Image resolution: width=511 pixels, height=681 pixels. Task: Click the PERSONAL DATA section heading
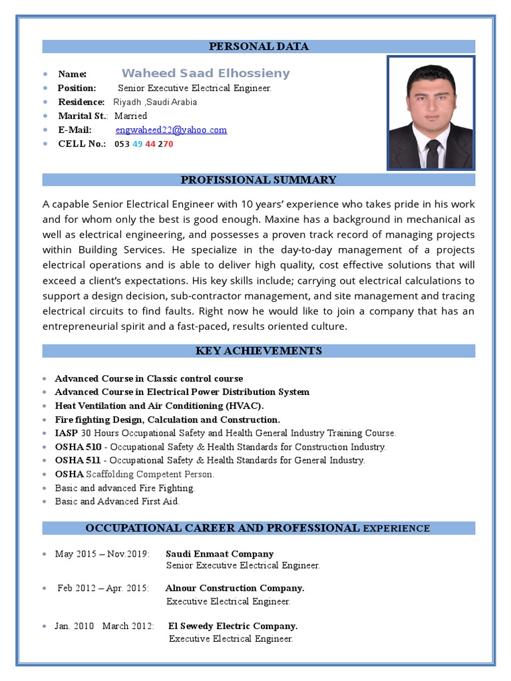click(x=259, y=47)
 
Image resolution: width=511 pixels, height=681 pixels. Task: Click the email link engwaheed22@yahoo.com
click(x=171, y=130)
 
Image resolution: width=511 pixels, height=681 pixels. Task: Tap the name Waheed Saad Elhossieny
click(x=206, y=73)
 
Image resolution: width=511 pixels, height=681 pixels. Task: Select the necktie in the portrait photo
click(x=432, y=154)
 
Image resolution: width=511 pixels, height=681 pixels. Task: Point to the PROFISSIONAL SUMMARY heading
click(x=259, y=180)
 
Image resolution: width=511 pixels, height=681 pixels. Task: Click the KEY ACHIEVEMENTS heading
click(x=259, y=351)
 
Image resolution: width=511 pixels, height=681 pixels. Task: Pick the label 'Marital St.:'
click(x=83, y=116)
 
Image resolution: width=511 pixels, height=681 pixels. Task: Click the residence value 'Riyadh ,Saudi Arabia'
click(x=155, y=102)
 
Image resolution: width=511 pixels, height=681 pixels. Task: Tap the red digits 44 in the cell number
click(x=151, y=144)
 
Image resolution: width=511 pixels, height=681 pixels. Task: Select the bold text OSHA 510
click(x=78, y=447)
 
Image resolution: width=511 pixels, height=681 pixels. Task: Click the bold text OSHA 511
click(x=78, y=460)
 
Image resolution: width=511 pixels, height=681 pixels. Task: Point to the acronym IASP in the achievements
click(x=67, y=433)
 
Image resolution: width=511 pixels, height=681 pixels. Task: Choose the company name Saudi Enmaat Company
click(x=220, y=554)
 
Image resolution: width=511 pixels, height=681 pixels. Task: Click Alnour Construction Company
click(x=235, y=589)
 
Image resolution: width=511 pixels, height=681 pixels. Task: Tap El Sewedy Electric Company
click(x=233, y=626)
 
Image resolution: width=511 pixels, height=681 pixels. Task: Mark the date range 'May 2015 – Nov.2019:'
click(x=102, y=554)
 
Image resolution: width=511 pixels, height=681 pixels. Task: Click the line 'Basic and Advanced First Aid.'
click(x=117, y=501)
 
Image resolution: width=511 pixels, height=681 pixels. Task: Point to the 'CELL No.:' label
click(x=82, y=144)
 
